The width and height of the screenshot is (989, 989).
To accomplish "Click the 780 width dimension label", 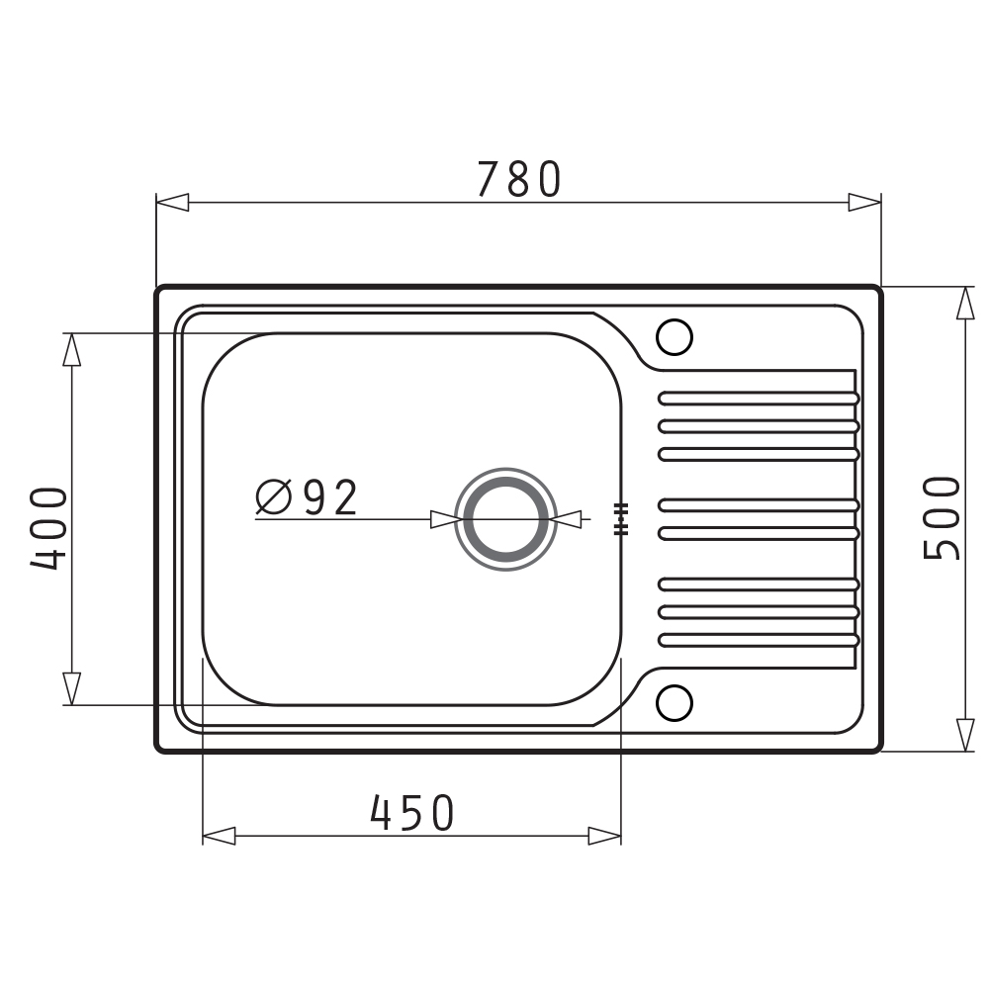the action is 518,179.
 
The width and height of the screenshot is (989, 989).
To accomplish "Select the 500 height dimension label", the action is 942,518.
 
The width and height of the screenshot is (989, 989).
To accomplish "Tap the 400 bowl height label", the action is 49,528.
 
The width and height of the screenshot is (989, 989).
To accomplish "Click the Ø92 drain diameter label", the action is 308,497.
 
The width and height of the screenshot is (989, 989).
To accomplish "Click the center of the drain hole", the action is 505,519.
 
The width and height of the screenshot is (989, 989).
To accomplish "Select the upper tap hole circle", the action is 674,337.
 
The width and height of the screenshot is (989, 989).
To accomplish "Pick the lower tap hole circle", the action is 674,702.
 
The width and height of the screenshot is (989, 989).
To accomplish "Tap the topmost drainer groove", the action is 759,399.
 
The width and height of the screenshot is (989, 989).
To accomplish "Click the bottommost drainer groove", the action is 759,640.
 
